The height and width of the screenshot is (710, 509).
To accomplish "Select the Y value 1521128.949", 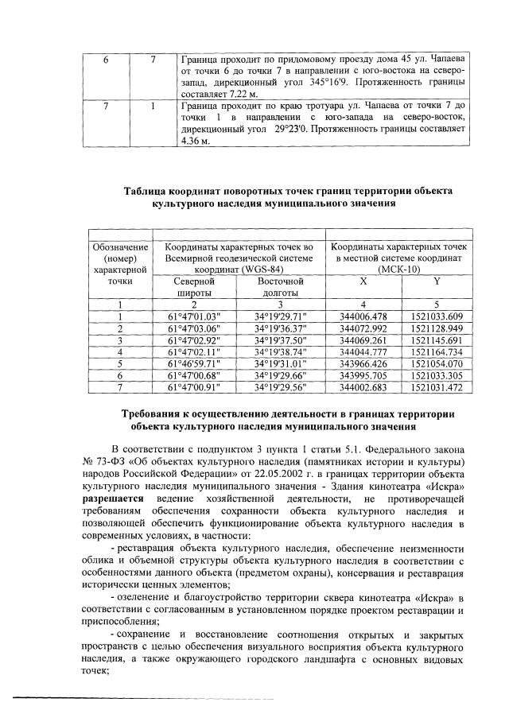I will [436, 327].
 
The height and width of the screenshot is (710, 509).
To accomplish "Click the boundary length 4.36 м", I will [196, 141].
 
